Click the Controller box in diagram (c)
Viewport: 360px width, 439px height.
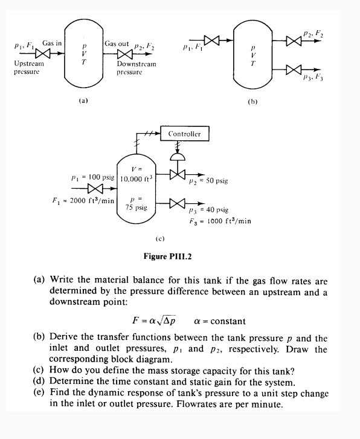(x=184, y=133)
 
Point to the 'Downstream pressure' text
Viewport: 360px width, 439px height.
(x=136, y=67)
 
